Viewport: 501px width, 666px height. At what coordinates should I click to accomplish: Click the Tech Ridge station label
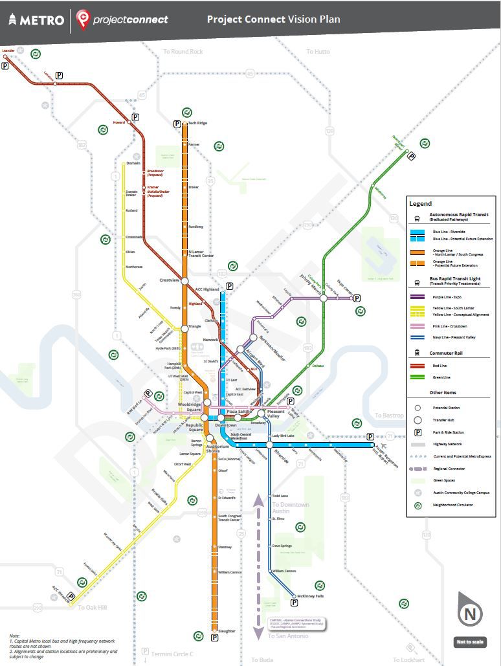[197, 123]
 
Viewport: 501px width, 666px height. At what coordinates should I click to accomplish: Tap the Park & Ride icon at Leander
[6, 65]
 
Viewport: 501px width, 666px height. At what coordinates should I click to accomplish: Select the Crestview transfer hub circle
[184, 281]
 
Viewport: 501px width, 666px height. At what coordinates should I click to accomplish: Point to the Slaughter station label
[227, 631]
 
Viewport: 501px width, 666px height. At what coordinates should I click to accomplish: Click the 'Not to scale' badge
[469, 642]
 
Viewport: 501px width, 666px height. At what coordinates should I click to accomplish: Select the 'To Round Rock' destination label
[183, 52]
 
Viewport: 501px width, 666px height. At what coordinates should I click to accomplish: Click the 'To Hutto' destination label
[318, 52]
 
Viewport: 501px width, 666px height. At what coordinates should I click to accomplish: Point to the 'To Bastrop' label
[389, 415]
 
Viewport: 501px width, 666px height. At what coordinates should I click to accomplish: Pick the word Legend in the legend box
[421, 204]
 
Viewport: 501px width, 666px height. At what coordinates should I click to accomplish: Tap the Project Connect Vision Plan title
[273, 19]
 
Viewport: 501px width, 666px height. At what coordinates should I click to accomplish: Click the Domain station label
[133, 163]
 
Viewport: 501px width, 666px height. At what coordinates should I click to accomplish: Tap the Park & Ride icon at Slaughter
[214, 638]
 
